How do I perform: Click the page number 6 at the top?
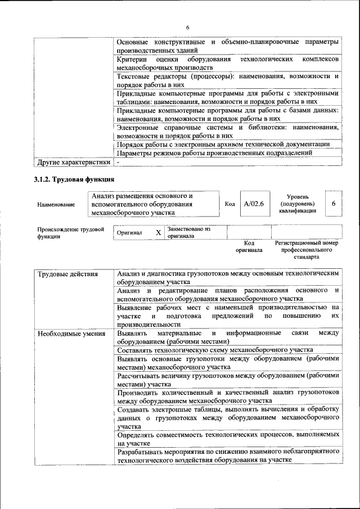point(188,28)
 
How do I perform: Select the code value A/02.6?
point(251,204)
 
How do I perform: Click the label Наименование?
point(56,205)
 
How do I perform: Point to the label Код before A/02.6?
point(229,204)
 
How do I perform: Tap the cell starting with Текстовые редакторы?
point(227,80)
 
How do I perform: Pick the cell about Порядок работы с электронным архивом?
point(223,145)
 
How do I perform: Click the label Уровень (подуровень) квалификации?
point(296,204)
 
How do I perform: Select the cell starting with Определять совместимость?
point(227,439)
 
